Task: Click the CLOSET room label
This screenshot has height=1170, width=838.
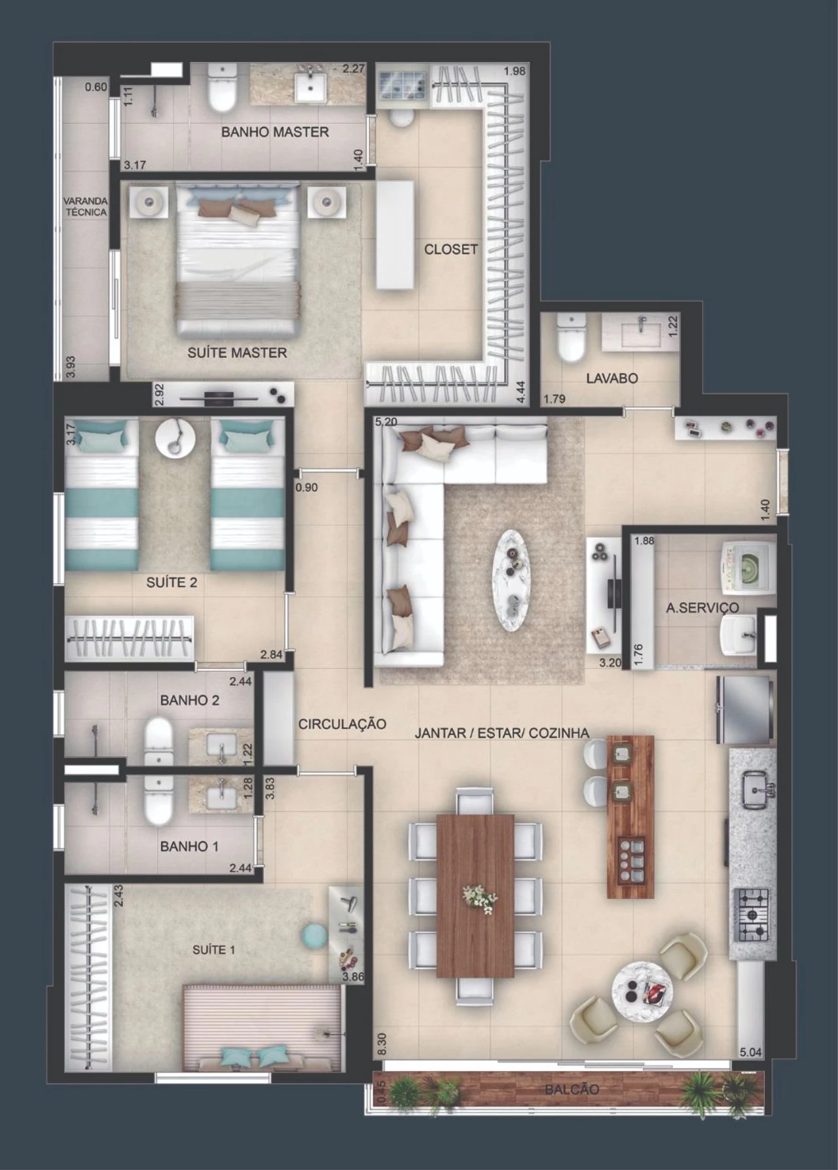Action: [451, 249]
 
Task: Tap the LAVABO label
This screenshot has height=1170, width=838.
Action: [611, 378]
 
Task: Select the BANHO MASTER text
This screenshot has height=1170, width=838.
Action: [274, 132]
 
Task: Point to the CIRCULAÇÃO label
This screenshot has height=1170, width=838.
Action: [342, 724]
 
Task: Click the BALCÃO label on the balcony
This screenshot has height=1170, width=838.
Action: [572, 1090]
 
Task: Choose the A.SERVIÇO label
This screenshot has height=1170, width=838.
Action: [702, 607]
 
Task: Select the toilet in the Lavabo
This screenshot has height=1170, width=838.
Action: [571, 338]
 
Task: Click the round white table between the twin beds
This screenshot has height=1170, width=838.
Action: [174, 436]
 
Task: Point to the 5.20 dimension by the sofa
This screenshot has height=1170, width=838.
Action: [386, 422]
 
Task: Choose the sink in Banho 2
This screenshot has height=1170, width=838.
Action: [221, 747]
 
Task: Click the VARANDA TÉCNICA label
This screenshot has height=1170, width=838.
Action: [86, 206]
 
